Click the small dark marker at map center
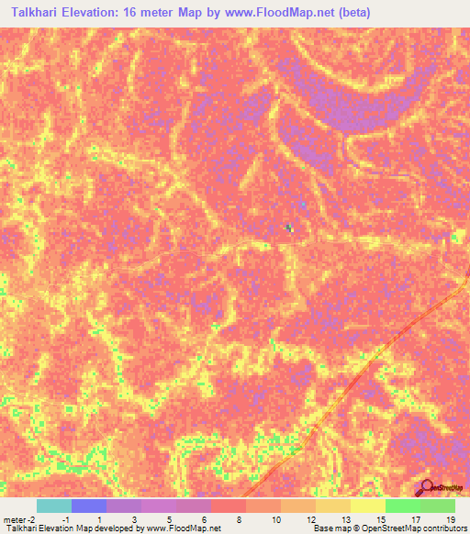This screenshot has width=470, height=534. point(289,228)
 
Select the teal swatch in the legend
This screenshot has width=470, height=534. point(54,506)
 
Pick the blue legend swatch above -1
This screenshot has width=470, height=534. point(89,506)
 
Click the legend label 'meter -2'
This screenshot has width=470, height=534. point(17,519)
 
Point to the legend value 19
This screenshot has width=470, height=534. point(449,519)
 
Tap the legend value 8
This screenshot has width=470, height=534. point(239,519)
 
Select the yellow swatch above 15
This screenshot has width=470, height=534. point(368,506)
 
